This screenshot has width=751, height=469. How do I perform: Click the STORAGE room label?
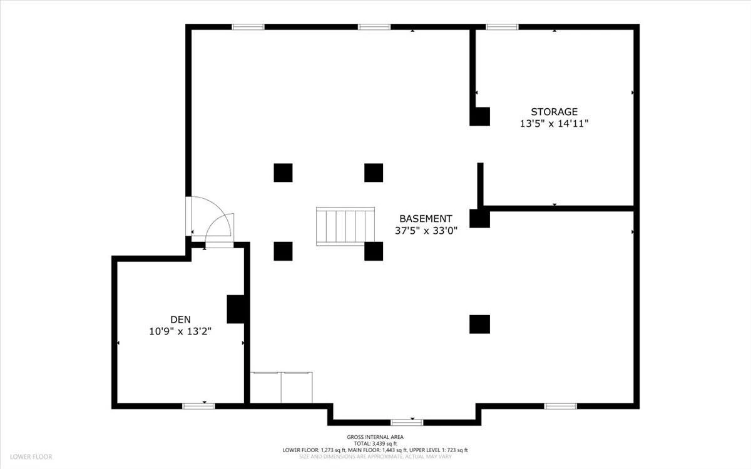click(x=554, y=111)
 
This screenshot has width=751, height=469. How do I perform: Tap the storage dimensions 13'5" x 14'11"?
click(x=554, y=124)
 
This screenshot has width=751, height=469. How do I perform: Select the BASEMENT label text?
click(x=426, y=219)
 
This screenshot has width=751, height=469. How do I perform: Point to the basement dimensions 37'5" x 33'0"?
click(x=426, y=231)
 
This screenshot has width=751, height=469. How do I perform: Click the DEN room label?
click(x=180, y=320)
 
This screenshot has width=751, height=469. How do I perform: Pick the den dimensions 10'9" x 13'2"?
click(x=180, y=331)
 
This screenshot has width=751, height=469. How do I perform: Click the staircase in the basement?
click(x=345, y=226)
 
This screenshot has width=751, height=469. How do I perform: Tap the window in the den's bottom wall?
click(x=198, y=406)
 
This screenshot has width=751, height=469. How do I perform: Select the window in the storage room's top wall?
click(x=502, y=27)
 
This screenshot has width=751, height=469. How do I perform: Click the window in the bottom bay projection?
click(x=407, y=423)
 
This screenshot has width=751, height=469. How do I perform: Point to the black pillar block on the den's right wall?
click(x=236, y=309)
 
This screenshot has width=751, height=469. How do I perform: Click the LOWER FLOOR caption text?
click(x=31, y=456)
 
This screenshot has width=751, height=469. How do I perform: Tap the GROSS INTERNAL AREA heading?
click(x=375, y=437)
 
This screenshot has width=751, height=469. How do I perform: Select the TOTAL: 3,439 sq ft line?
click(x=375, y=444)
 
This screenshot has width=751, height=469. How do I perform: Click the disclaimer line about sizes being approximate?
click(x=375, y=456)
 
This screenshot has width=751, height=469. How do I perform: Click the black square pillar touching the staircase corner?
click(x=374, y=251)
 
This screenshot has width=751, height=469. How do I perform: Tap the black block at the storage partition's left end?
click(x=479, y=218)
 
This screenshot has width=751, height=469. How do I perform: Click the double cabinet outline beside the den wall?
click(x=281, y=388)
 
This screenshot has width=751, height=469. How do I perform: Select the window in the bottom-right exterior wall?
click(x=561, y=406)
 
